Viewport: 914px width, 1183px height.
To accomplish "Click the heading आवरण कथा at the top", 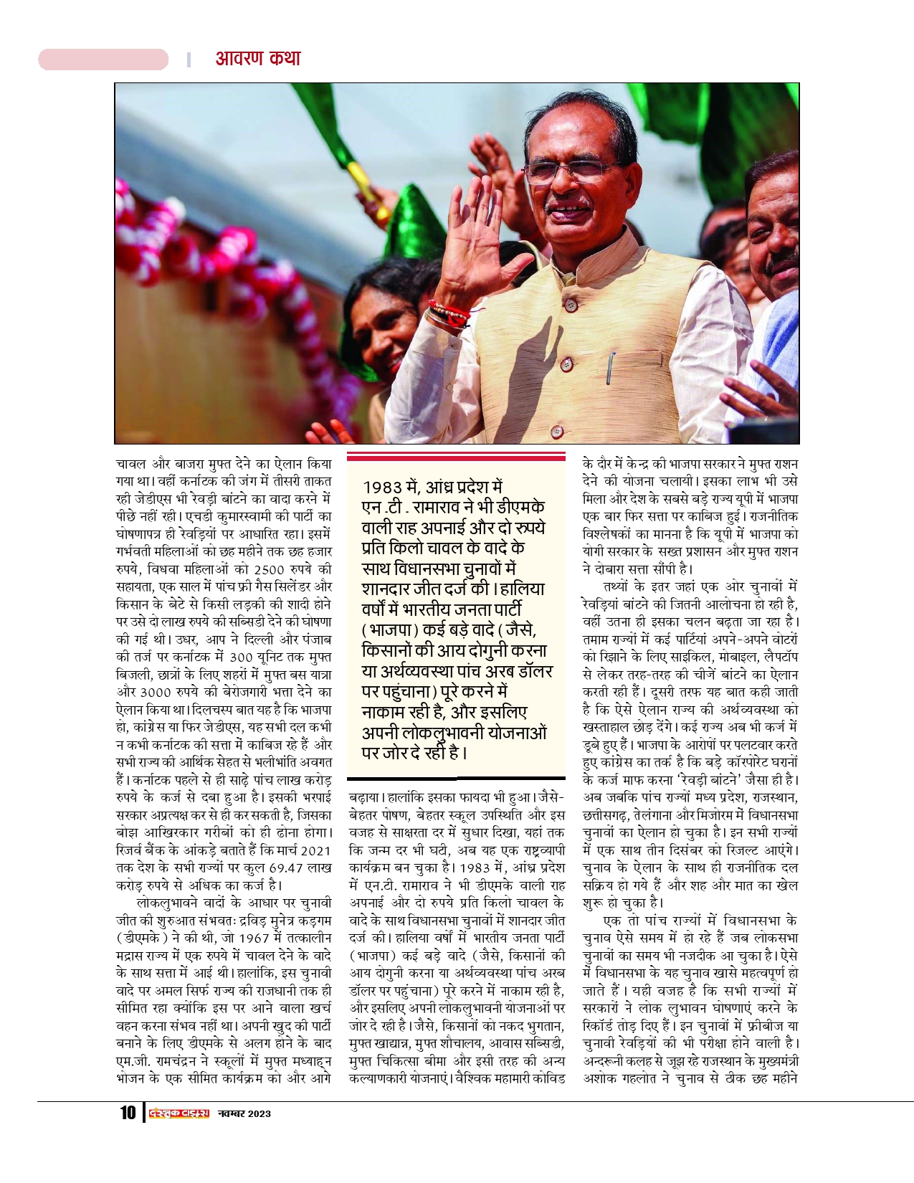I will (258, 58).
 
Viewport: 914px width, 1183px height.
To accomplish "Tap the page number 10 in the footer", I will (127, 1113).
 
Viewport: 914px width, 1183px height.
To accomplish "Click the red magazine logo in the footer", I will (177, 1113).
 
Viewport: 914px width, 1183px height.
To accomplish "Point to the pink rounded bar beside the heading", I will (103, 59).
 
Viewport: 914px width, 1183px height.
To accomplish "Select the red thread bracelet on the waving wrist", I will (449, 313).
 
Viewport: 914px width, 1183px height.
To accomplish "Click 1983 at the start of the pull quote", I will (384, 486).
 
